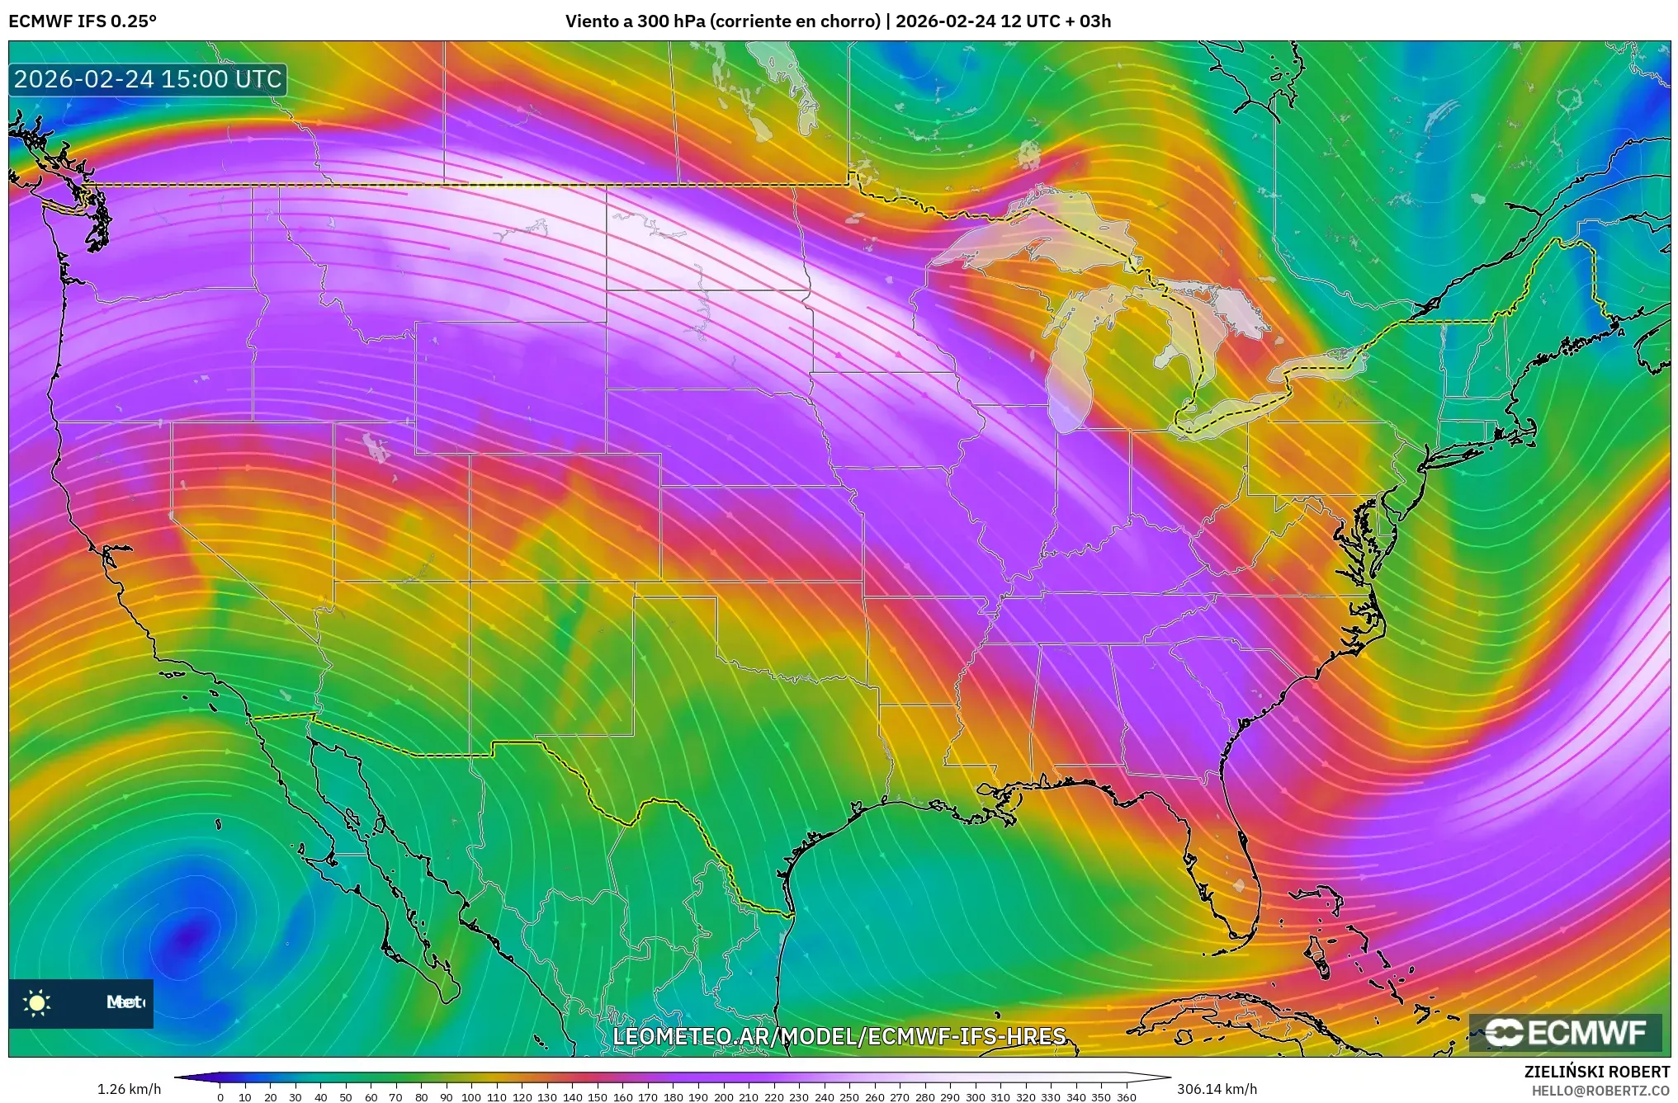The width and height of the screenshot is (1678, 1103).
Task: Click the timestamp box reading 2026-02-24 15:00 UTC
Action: [148, 79]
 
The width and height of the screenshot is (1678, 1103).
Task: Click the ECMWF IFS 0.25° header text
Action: [82, 21]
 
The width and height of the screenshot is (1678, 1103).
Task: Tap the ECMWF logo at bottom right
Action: [1565, 1032]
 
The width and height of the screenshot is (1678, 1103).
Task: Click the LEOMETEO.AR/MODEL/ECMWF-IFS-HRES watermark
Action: [839, 1036]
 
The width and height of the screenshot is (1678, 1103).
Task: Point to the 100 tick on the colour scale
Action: [470, 1097]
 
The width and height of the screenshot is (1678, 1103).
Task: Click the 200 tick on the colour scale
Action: [723, 1097]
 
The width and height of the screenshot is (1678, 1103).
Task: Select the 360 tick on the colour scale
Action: [1126, 1097]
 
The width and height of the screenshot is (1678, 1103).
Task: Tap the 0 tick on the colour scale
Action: [220, 1097]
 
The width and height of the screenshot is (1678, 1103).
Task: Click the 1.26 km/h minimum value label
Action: [129, 1089]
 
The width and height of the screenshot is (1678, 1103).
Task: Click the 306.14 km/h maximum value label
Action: [1217, 1089]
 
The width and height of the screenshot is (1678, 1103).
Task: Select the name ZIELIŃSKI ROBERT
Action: [1596, 1072]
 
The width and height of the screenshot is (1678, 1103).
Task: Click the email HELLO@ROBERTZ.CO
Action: [1600, 1091]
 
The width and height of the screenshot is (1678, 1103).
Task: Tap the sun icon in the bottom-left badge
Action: [37, 1003]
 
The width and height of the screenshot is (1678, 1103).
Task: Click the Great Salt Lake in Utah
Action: [376, 446]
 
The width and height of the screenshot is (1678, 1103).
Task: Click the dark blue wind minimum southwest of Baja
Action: [190, 936]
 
